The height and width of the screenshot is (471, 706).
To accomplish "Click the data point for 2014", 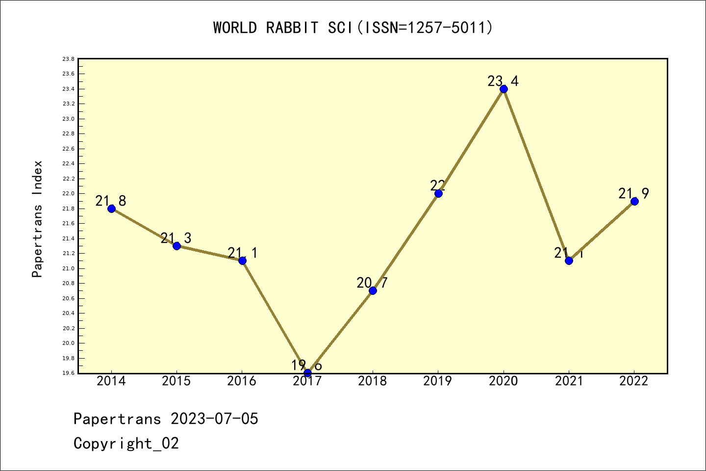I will click(x=111, y=209).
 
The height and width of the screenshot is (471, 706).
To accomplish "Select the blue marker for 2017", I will click(x=307, y=373).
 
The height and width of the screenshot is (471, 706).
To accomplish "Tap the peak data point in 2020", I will click(x=504, y=89).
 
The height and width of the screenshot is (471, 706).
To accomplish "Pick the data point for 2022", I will click(x=634, y=201).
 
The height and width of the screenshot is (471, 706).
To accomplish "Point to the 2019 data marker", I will click(x=438, y=193).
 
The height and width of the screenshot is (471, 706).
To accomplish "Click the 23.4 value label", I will click(x=503, y=81).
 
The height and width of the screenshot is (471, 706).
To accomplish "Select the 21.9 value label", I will click(x=633, y=194).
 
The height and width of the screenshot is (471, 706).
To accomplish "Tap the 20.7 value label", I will click(x=372, y=283).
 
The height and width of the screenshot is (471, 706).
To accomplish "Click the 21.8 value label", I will click(x=111, y=201).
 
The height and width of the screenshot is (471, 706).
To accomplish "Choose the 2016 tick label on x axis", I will click(x=242, y=381).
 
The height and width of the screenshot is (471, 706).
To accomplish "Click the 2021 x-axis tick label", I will click(x=569, y=381).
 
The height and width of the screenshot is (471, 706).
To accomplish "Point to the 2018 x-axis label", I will click(x=373, y=381).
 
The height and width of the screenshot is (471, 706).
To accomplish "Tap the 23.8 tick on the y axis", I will click(x=68, y=59).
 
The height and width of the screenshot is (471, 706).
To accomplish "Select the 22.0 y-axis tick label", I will click(x=68, y=194).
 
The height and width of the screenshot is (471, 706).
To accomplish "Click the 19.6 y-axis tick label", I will click(x=68, y=373).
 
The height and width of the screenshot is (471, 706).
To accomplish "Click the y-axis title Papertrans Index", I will click(x=37, y=219).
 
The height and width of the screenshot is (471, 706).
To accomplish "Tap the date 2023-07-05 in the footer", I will click(x=214, y=419).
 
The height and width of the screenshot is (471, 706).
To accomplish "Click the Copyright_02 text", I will click(x=126, y=444).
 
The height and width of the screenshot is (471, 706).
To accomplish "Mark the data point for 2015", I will click(x=176, y=246).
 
